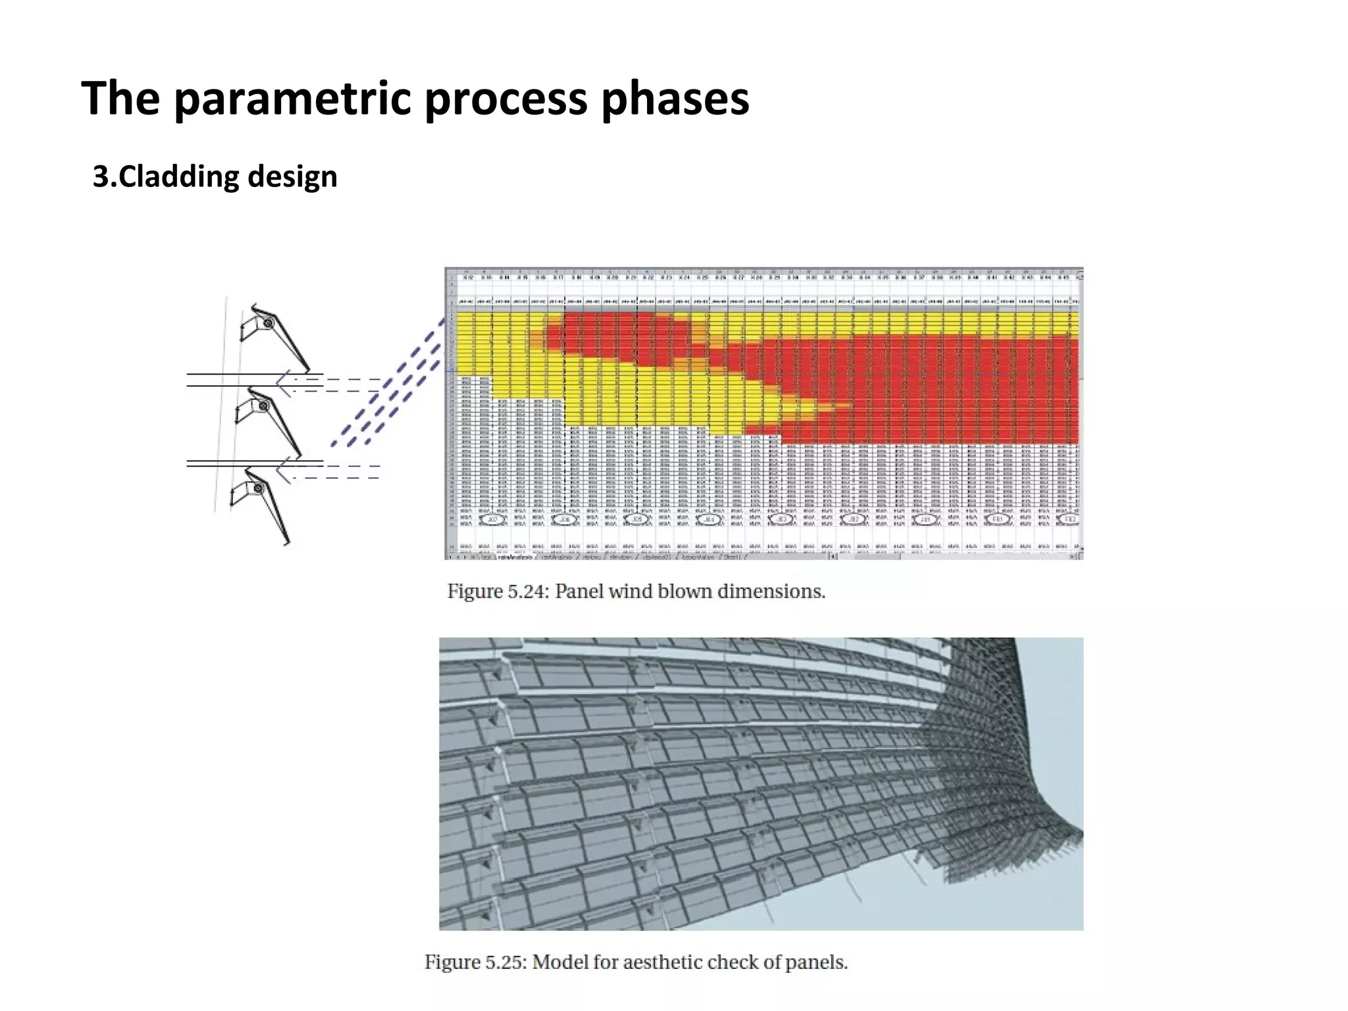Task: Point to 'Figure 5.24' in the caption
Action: coord(497,591)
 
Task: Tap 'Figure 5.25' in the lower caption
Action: coord(475,962)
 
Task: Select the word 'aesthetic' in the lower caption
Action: coord(668,962)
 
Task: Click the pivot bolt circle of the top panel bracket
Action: coord(268,324)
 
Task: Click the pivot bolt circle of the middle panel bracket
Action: coord(263,406)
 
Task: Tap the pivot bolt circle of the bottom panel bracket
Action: coord(258,488)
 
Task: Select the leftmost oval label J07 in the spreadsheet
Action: coord(492,519)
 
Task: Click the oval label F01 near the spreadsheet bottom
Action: coord(997,519)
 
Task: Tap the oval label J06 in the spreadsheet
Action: coord(564,519)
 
